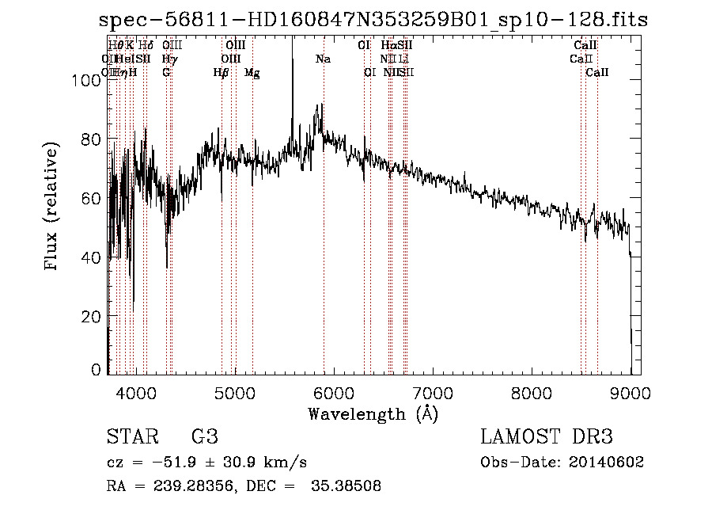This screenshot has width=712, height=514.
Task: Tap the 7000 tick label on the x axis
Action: point(432,392)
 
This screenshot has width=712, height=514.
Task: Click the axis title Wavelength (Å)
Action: point(373,413)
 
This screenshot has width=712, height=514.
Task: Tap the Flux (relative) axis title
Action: point(53,208)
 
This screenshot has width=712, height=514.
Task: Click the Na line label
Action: point(323,59)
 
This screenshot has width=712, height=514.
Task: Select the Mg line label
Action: point(252,73)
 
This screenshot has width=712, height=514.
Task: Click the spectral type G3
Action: point(205,436)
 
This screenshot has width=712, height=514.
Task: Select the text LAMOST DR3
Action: point(546,436)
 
